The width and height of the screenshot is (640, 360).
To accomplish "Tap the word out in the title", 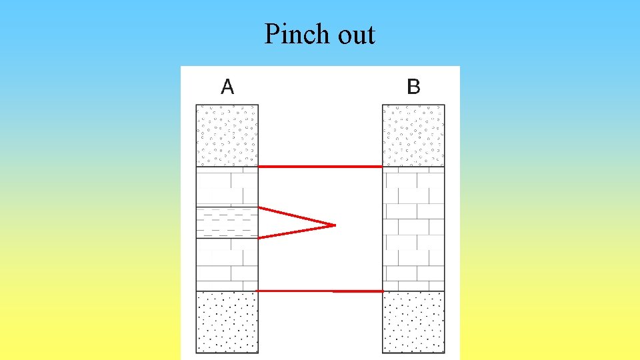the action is coord(357,35).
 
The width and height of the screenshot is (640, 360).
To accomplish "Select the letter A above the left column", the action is coord(227,87).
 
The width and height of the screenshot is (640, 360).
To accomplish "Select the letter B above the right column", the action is coord(413,87).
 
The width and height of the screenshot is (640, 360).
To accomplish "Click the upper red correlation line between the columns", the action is coord(320,166).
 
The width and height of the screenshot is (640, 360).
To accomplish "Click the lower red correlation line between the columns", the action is coord(320,291).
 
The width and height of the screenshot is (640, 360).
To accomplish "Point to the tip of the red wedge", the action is coord(333,225).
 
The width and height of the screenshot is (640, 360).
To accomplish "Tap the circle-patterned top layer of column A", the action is coord(227,135).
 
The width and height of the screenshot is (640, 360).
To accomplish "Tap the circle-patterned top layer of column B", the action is coord(413,135).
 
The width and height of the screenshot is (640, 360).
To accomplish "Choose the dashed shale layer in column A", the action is coord(227,223).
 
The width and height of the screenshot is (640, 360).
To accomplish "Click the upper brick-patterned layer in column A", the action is coord(227,187).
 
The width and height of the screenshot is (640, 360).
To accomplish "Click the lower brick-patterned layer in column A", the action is coord(227,264).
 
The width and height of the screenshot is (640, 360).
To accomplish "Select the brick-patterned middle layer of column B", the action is coord(413,228).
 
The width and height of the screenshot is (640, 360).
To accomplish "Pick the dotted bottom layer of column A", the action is coord(227,322).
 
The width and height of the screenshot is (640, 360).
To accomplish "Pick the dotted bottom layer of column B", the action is coord(413,322).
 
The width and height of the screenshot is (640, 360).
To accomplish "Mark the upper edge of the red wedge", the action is coord(296,217).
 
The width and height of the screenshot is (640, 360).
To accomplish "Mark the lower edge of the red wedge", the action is coord(296,231).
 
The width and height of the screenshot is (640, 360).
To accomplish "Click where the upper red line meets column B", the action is coord(381,166).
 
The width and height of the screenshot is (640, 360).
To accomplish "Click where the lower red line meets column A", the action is coord(259,291).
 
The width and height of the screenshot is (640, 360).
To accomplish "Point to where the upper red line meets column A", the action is coord(259,166).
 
